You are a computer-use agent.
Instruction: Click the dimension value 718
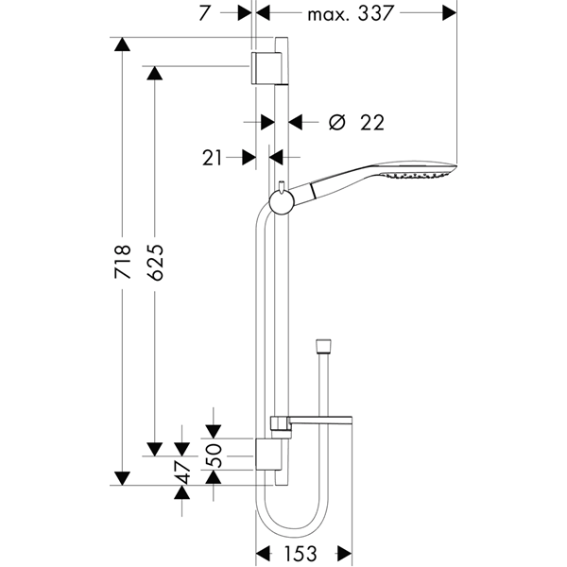tap(123, 262)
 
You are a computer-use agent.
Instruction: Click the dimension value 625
tap(156, 263)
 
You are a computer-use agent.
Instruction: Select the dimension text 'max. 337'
tap(350, 14)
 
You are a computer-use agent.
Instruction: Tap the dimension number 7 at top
tap(204, 14)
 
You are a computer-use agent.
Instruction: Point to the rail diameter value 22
tap(372, 123)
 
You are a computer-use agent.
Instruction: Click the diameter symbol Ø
tap(337, 122)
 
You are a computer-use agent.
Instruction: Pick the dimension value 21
tap(212, 158)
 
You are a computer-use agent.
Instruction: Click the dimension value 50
tap(213, 455)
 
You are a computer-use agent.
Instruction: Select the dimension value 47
tap(182, 472)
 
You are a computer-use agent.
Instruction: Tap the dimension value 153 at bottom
tap(301, 553)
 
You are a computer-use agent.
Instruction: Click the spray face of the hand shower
tap(419, 175)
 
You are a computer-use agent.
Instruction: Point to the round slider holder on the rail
tap(282, 201)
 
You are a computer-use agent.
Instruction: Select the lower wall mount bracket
tap(268, 455)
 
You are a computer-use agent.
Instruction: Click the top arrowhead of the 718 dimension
tap(122, 44)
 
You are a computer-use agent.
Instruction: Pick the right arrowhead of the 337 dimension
tap(450, 13)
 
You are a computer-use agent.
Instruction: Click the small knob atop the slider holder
tap(282, 184)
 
